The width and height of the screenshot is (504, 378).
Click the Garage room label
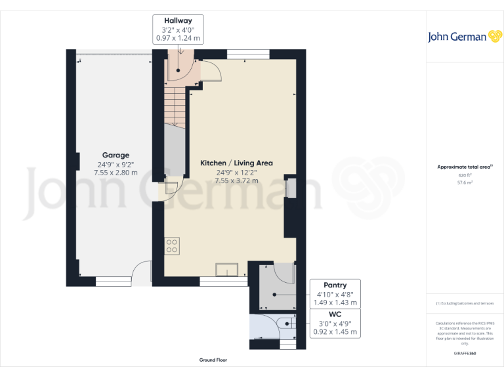point(115,156)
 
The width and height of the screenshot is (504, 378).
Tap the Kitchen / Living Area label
point(236,163)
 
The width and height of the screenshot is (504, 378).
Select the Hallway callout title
point(178,21)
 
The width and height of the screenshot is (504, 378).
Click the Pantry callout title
point(335,285)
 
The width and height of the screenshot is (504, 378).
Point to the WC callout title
point(335,314)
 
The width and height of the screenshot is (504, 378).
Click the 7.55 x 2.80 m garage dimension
point(115,173)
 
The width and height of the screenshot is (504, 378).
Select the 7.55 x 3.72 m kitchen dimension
point(236,180)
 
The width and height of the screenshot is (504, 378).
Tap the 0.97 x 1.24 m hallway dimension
point(178,38)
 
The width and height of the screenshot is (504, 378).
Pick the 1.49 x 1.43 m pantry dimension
point(335,303)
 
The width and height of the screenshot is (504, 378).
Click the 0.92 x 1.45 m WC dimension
point(335,332)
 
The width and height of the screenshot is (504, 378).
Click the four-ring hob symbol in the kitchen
point(172,246)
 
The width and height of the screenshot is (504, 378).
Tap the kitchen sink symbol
point(228,269)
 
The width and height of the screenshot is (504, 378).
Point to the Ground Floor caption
point(213,360)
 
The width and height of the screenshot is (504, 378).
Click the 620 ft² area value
point(465,176)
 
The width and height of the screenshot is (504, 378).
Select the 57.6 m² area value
point(465,183)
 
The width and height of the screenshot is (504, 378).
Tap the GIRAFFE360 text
point(465,353)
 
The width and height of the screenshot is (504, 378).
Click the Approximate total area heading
point(464,167)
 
